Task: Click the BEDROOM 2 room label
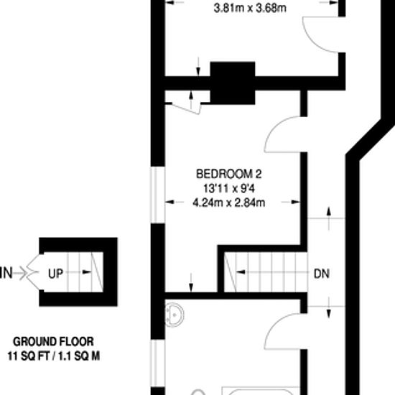(x=228, y=174)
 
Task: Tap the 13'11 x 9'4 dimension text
(x=228, y=188)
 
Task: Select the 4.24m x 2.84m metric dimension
(x=228, y=203)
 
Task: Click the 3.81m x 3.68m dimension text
(x=250, y=8)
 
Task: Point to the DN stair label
(x=322, y=274)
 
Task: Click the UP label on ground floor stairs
(x=55, y=274)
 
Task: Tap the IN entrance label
(x=6, y=273)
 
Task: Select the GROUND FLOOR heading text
(x=53, y=342)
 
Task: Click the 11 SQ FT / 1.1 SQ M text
(x=54, y=356)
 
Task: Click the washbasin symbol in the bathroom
(x=175, y=315)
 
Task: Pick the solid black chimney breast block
(x=233, y=83)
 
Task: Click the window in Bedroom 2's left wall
(x=158, y=195)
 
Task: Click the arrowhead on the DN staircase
(x=241, y=271)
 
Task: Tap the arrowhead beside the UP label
(x=87, y=272)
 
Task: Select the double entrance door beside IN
(x=33, y=272)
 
